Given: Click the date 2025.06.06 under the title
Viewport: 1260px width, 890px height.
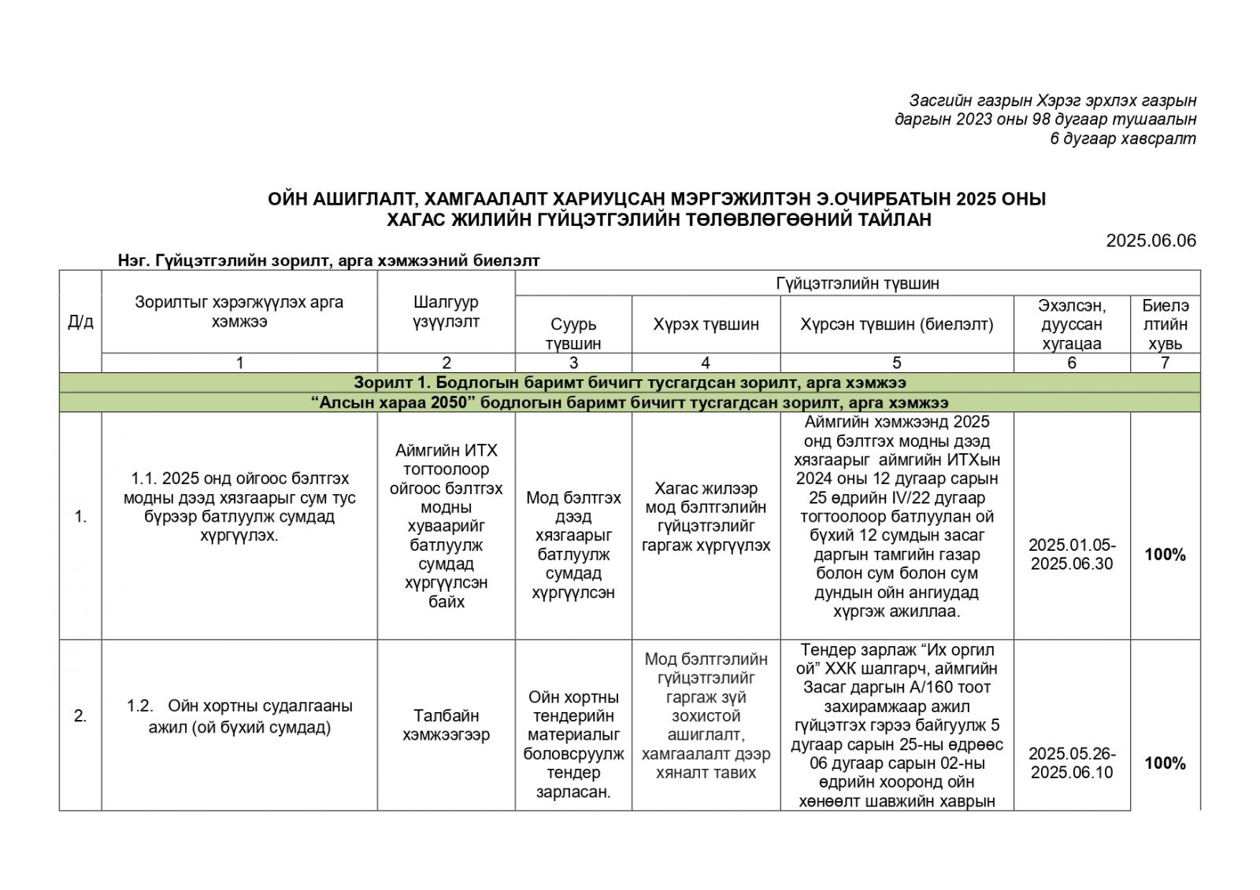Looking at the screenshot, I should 1151,241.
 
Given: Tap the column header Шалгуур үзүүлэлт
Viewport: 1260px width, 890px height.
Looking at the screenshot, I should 446,312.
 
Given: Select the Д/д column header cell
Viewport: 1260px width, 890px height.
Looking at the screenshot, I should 80,322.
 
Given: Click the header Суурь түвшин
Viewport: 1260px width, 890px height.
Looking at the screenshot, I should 573,334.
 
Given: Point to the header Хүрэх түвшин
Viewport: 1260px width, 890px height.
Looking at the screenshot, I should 706,324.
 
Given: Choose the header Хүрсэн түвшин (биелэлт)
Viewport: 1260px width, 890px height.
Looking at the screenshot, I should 896,324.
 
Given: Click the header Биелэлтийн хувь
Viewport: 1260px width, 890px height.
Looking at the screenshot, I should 1165,324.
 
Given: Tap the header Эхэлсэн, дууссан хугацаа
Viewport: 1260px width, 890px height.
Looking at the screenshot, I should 1071,324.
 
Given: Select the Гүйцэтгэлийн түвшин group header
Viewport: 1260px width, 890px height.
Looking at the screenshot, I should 858,283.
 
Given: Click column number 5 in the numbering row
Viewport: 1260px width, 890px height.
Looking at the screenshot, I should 896,363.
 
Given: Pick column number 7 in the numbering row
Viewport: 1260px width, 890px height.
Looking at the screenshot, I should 1165,363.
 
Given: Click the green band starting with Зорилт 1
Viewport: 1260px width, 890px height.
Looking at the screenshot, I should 629,382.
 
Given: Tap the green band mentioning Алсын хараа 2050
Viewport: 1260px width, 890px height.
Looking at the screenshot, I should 629,403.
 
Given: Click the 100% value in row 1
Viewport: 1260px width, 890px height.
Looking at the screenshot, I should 1165,555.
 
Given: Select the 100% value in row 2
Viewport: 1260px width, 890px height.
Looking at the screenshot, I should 1165,763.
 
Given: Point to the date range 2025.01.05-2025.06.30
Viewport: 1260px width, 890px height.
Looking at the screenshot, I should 1071,555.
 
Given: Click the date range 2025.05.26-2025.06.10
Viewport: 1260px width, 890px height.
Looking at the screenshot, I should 1071,763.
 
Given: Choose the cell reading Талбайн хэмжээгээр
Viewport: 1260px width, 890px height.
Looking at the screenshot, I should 446,726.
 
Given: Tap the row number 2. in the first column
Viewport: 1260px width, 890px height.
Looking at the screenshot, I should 80,716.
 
